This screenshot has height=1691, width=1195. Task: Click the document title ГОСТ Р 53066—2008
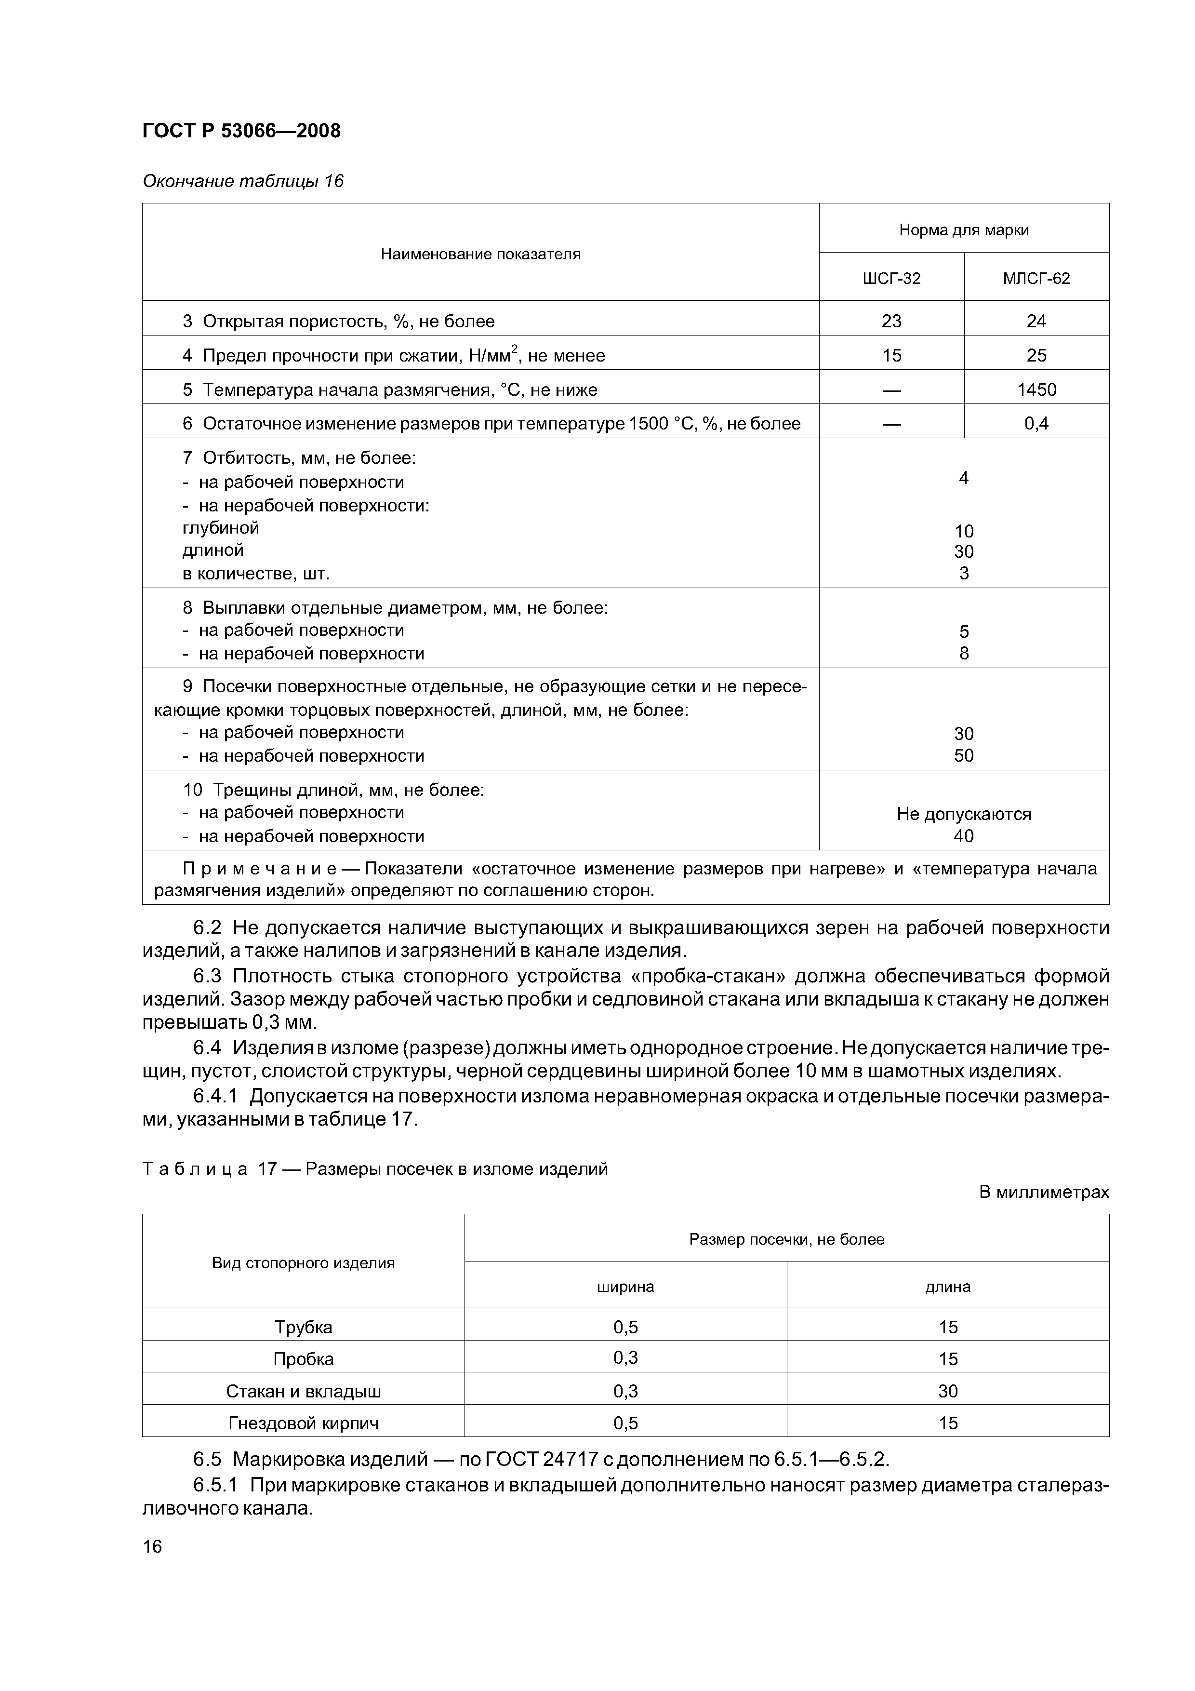(x=241, y=131)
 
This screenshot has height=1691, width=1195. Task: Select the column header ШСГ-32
(x=891, y=279)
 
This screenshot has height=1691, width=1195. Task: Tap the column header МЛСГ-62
(x=1036, y=279)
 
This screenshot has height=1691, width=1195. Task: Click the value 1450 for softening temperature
(x=1036, y=389)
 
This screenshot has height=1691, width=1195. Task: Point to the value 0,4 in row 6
(x=1036, y=424)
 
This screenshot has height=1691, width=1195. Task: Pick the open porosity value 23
(x=891, y=321)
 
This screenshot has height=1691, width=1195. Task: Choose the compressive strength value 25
(x=1036, y=356)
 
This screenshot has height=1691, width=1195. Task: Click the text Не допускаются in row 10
(x=963, y=814)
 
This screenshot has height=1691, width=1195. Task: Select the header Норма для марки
(x=963, y=230)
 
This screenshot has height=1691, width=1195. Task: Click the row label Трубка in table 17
(x=304, y=1327)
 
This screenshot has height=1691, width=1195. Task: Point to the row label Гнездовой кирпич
(x=304, y=1423)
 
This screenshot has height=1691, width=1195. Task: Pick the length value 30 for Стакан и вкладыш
(x=948, y=1391)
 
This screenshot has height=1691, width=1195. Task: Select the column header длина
(x=948, y=1287)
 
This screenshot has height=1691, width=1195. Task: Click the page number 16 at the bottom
(x=152, y=1546)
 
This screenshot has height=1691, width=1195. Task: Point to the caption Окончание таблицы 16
(x=243, y=181)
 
